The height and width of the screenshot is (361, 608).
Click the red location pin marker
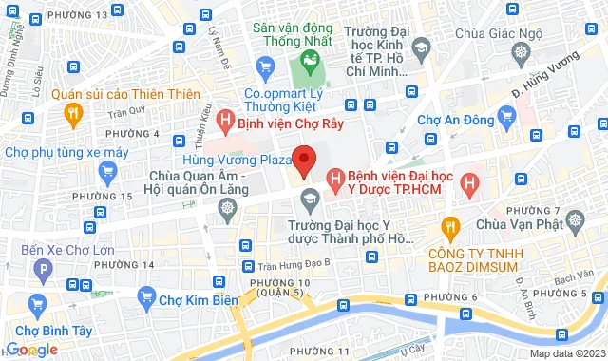click(x=304, y=161)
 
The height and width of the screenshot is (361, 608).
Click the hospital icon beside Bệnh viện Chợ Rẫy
click(x=224, y=121)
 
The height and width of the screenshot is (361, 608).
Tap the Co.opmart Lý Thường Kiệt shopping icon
click(x=267, y=66)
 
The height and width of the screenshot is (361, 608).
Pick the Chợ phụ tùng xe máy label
click(x=66, y=152)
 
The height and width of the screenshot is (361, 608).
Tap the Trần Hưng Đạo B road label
click(x=294, y=263)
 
